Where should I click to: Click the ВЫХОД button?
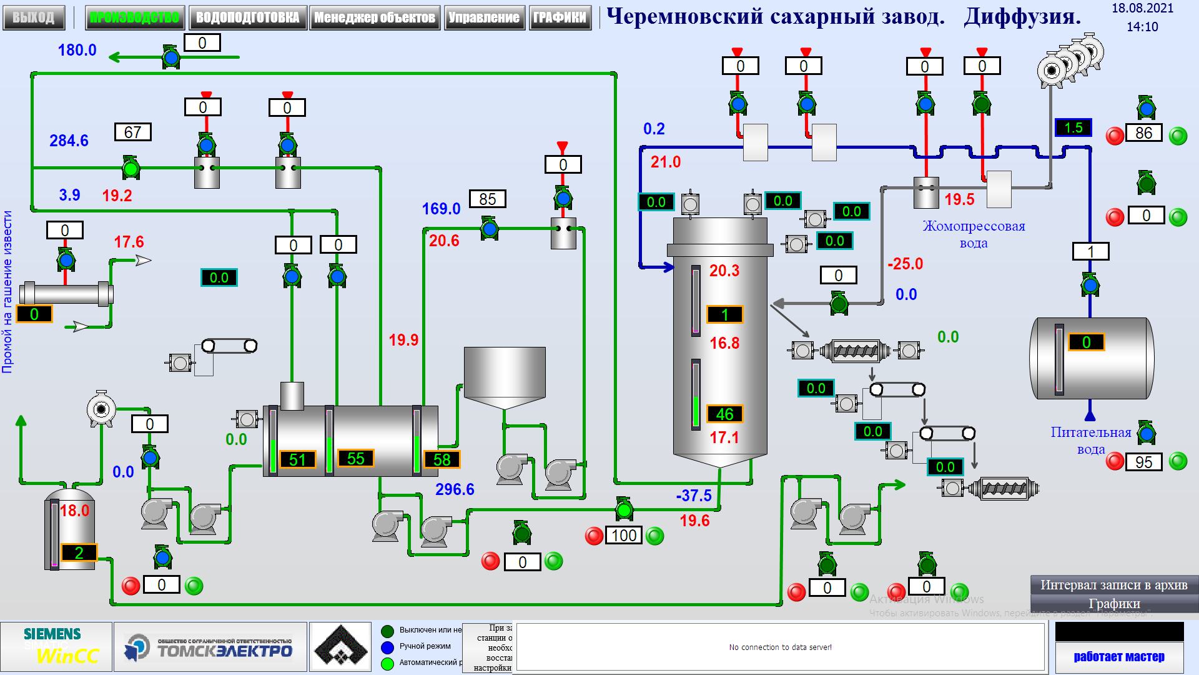coord(34,17)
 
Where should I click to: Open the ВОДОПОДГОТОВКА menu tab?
coord(247,17)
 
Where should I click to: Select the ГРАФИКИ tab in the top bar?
coord(560,17)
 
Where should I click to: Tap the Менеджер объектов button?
coord(374,17)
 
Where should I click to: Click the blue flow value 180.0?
coord(77,50)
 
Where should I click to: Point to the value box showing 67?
coord(132,132)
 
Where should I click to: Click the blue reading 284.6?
coord(69,141)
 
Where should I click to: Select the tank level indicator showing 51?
coord(297,459)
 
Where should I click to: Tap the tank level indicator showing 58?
coord(442,459)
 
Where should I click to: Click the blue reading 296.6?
coord(455,489)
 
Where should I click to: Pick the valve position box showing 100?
coord(624,536)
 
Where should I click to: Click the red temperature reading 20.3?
coord(724,271)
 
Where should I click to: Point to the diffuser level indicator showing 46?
coord(724,414)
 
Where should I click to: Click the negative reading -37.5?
coord(694,496)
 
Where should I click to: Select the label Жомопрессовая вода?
coord(974,234)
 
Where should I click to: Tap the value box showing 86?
coord(1143,133)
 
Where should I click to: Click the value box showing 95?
coord(1143,462)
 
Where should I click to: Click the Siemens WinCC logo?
coord(56,646)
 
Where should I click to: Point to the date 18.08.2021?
coord(1142,9)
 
